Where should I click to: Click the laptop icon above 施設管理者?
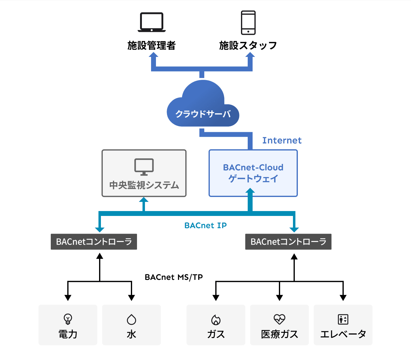click(152, 22)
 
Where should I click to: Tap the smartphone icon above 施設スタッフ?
click(248, 23)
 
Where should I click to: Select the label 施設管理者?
click(152, 46)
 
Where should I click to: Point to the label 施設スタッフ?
click(248, 46)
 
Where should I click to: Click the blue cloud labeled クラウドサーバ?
click(203, 106)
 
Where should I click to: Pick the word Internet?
click(282, 140)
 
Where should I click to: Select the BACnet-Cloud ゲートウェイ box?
click(253, 173)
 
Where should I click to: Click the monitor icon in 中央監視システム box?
click(144, 167)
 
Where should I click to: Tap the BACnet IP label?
click(206, 225)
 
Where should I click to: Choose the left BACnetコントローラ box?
click(94, 242)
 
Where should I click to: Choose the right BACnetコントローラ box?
click(288, 242)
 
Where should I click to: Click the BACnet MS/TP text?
click(174, 277)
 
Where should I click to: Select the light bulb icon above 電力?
click(68, 319)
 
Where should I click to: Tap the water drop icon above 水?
click(131, 319)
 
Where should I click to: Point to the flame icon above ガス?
click(216, 320)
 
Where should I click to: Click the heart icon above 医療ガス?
click(280, 319)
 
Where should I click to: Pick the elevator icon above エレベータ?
click(343, 319)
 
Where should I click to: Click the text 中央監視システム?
click(144, 185)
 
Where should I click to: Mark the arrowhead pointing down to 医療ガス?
click(280, 298)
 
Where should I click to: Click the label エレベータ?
click(343, 334)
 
